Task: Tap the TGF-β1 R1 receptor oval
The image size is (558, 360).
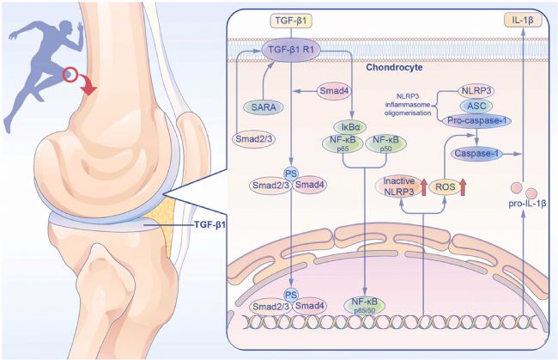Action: pyautogui.click(x=292, y=51)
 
